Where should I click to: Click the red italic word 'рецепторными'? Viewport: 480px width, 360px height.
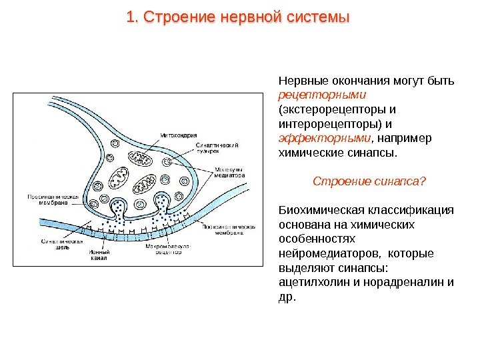click(310, 95)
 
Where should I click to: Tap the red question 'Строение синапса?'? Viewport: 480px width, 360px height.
click(369, 181)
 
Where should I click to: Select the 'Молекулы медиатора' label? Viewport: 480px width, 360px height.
click(230, 173)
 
